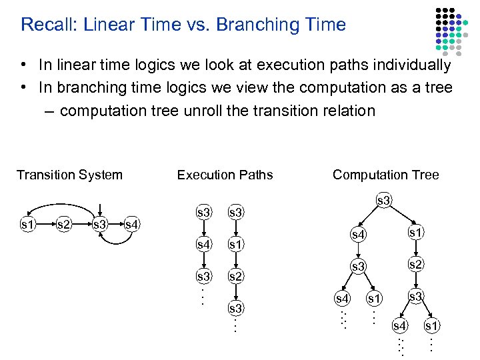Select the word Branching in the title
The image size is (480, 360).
pyautogui.click(x=256, y=25)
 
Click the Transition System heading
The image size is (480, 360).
pyautogui.click(x=69, y=175)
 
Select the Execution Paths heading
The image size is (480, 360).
pyautogui.click(x=225, y=175)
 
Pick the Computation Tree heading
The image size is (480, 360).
pyautogui.click(x=385, y=175)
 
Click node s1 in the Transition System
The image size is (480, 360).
pyautogui.click(x=28, y=225)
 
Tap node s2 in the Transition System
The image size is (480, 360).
pyautogui.click(x=64, y=225)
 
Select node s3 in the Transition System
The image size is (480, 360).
pyautogui.click(x=100, y=225)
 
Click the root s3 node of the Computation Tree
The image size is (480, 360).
pyautogui.click(x=383, y=200)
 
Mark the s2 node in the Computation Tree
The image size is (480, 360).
pyautogui.click(x=415, y=265)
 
